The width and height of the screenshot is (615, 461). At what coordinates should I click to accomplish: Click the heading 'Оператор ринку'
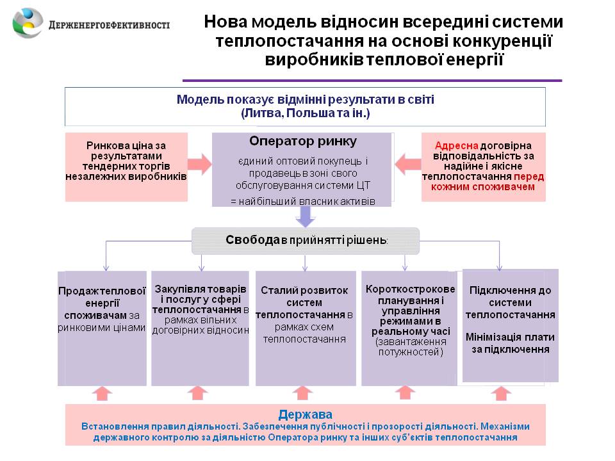[x=302, y=142]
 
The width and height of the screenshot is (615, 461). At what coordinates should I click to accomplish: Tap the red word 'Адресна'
[x=454, y=145]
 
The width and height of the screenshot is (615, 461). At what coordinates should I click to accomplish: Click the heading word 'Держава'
[x=305, y=414]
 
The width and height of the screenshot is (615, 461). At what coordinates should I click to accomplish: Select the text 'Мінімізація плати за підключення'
[x=510, y=343]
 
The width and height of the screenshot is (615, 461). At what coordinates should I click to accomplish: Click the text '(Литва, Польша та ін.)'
[x=305, y=113]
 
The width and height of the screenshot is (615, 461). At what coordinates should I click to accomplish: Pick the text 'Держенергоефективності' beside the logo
[x=109, y=25]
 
